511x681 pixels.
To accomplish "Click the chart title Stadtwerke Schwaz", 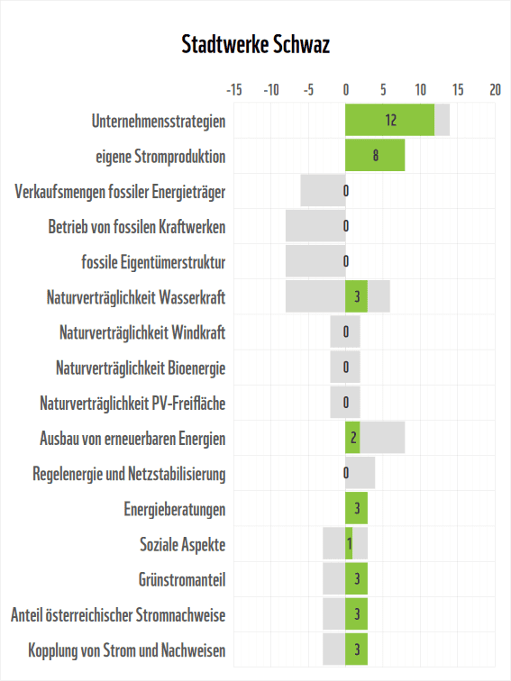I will tap(255, 45).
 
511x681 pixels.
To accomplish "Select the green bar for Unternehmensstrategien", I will tap(389, 120).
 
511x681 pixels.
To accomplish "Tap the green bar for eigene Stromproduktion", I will tap(375, 155).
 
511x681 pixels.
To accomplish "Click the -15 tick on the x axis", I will tap(233, 90).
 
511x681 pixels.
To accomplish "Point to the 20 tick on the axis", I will tap(495, 90).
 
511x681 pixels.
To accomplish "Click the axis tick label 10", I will tap(420, 90).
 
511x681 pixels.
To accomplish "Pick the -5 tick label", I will tap(308, 90).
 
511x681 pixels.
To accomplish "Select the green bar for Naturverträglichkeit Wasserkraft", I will tap(356, 296).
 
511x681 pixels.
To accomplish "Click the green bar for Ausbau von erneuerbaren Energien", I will tap(352, 438).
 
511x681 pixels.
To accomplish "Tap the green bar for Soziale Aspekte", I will tap(349, 544).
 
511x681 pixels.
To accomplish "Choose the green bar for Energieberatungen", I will tap(356, 509).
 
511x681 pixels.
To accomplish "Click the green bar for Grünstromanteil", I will tap(356, 579).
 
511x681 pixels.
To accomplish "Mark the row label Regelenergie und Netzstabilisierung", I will tap(129, 474).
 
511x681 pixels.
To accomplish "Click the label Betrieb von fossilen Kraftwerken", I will tap(137, 227).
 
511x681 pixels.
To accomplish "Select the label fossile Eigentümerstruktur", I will tap(153, 262).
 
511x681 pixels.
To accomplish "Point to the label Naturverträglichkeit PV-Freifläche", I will tap(132, 404).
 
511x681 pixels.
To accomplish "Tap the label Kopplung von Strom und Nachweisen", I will tap(127, 650).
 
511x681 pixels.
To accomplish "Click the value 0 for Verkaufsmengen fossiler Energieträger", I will tap(345, 191).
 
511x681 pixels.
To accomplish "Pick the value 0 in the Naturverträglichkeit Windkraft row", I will tap(345, 332).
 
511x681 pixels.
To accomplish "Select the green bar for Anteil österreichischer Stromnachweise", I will tap(356, 614).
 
